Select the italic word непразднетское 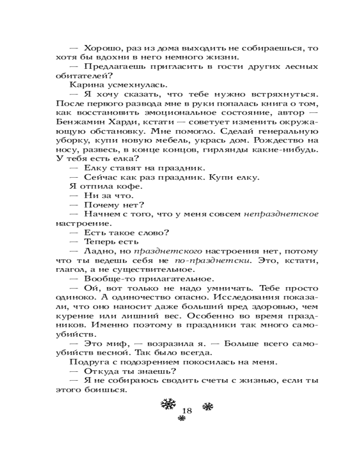pos(281,215)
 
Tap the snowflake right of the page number pos(207,407)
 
